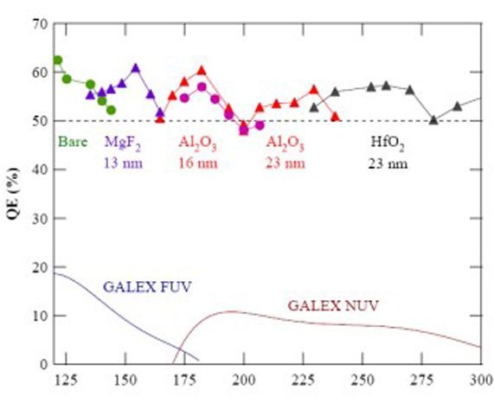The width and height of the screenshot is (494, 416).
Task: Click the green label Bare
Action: (x=73, y=141)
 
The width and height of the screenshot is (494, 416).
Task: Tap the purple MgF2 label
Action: (x=122, y=142)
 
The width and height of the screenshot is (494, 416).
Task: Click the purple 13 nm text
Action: (x=122, y=161)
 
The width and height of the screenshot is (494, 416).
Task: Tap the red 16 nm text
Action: (x=198, y=161)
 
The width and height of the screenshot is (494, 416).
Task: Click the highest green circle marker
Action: (x=58, y=61)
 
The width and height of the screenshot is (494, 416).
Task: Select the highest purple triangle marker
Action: (x=136, y=67)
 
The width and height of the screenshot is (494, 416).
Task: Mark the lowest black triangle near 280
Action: (x=433, y=120)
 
